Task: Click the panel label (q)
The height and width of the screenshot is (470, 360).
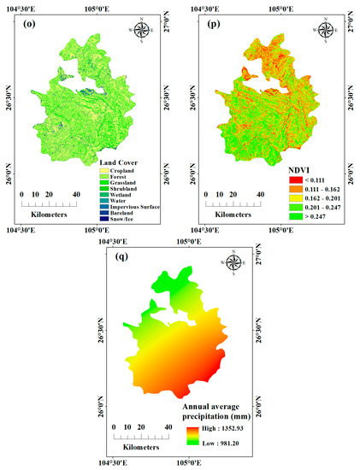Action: [x=119, y=256]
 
